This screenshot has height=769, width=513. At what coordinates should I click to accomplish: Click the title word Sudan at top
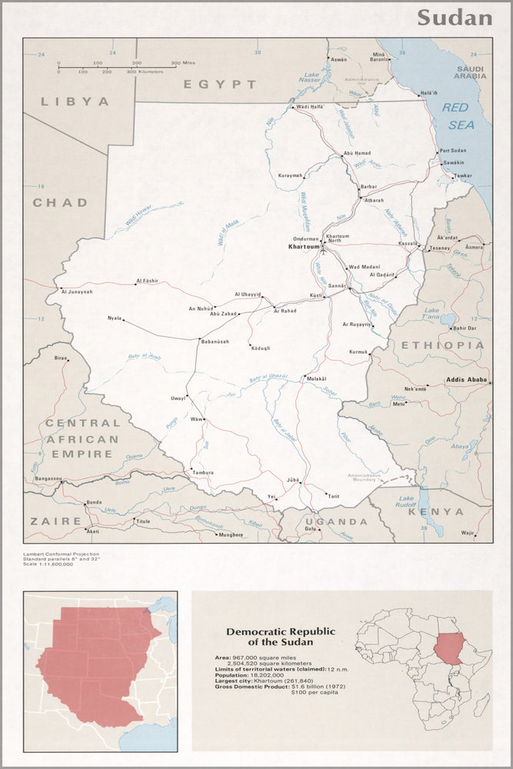[454, 18]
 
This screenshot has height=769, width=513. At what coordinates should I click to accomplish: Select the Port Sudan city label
[453, 151]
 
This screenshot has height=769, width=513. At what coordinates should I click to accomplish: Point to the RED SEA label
[458, 116]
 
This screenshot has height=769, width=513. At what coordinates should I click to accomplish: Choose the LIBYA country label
[75, 101]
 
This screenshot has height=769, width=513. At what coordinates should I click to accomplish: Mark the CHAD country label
[60, 203]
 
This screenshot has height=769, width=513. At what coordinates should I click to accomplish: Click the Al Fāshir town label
[146, 281]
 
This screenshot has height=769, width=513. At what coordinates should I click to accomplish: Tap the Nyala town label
[115, 317]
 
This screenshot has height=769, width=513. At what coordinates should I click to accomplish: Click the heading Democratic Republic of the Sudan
[281, 636]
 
